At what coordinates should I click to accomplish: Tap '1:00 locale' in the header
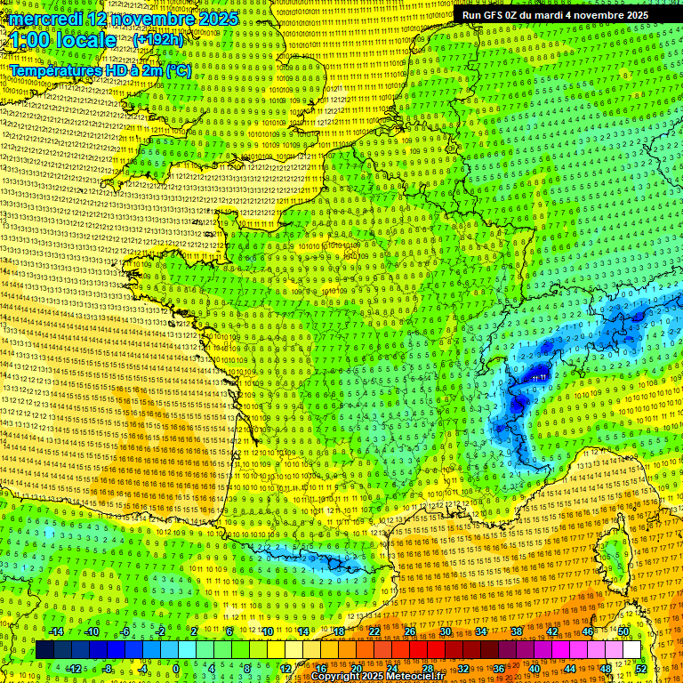point(63,40)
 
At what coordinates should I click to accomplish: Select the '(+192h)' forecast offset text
point(158,40)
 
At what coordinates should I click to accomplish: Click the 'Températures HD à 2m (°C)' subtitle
point(100,70)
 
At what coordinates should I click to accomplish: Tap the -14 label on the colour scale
point(55,631)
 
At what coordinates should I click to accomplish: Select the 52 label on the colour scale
point(641,669)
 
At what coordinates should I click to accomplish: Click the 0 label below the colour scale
point(176,669)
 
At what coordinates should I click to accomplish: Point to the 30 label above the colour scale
point(445,631)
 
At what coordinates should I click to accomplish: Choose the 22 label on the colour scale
point(374,631)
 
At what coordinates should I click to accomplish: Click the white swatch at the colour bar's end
point(631,650)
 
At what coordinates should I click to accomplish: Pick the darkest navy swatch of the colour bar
point(45,650)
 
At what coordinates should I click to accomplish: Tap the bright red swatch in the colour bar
point(418,650)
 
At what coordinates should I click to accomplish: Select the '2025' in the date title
point(217,19)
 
